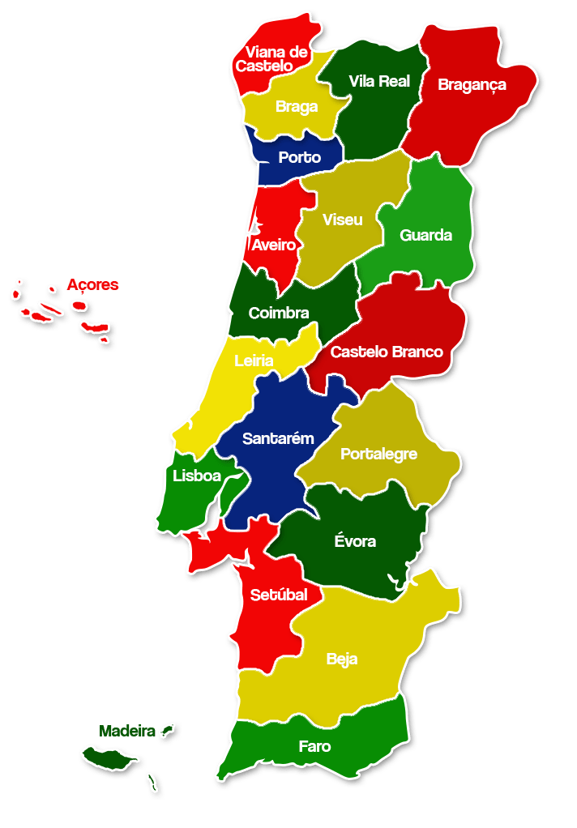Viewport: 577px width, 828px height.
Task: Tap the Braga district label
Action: (297, 106)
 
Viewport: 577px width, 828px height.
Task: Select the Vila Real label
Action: (379, 81)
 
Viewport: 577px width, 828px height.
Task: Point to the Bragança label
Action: (472, 84)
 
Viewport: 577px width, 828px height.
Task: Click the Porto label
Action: (299, 157)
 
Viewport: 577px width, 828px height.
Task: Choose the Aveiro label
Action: (273, 244)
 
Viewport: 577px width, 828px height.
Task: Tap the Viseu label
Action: (342, 220)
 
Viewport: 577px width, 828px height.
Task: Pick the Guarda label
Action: (425, 235)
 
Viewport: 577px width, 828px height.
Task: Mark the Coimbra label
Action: (279, 313)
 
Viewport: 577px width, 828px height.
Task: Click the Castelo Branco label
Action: (387, 352)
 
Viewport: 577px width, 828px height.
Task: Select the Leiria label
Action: (254, 361)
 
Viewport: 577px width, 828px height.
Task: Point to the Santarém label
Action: (278, 438)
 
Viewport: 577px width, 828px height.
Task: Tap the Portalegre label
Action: (378, 454)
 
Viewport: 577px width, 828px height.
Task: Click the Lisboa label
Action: (197, 476)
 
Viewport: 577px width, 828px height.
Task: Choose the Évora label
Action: (355, 540)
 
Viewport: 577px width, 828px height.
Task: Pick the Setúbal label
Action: (279, 595)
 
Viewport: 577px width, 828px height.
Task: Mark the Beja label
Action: (342, 659)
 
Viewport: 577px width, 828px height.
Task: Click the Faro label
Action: (314, 746)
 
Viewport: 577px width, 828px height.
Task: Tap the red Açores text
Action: (92, 284)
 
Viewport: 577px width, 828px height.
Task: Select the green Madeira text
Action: (127, 731)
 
